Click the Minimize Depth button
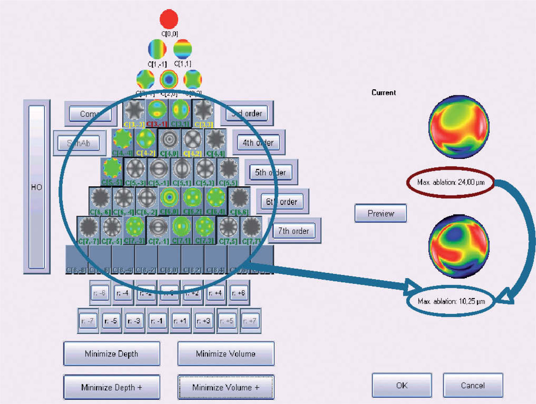pyautogui.click(x=111, y=354)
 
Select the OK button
pyautogui.click(x=402, y=385)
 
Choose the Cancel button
pyautogui.click(x=473, y=385)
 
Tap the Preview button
pyautogui.click(x=381, y=213)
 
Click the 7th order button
pyautogui.click(x=294, y=231)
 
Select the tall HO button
pyautogui.click(x=37, y=187)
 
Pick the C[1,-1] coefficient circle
pyautogui.click(x=157, y=49)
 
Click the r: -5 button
pyautogui.click(x=111, y=321)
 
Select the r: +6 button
pyautogui.click(x=238, y=293)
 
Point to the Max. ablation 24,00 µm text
pyautogui.click(x=451, y=182)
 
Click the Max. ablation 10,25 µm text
pyautogui.click(x=451, y=301)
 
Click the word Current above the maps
pyautogui.click(x=384, y=92)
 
